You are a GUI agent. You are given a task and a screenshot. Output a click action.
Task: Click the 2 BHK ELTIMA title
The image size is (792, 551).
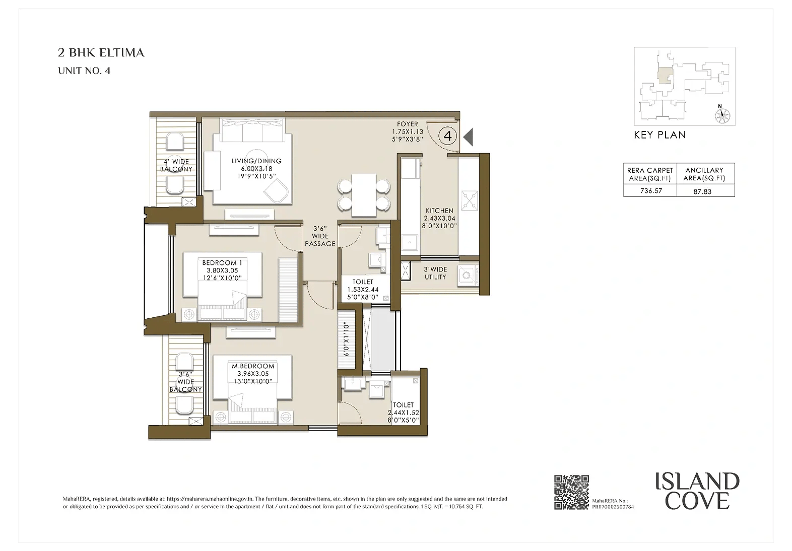click(101, 53)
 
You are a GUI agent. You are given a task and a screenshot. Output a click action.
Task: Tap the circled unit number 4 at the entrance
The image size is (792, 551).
click(447, 135)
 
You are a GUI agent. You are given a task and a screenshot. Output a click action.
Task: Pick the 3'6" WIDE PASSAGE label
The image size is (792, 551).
click(320, 236)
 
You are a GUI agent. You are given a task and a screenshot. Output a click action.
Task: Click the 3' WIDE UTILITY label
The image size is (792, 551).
click(435, 273)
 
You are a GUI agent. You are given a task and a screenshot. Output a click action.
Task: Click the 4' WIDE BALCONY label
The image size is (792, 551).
click(176, 165)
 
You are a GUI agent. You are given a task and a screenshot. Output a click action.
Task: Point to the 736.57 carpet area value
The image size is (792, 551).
click(651, 191)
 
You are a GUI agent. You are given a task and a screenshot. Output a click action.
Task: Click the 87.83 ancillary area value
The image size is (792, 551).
click(702, 191)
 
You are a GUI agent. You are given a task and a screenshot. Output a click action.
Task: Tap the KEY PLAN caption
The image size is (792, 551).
click(659, 135)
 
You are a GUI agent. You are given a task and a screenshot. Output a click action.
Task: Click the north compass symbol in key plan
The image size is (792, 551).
click(722, 114)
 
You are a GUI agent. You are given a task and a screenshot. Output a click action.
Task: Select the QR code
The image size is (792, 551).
click(572, 492)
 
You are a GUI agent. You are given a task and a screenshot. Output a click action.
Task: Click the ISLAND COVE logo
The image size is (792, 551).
click(697, 491)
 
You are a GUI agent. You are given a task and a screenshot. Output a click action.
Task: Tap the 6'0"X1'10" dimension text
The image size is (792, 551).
click(346, 340)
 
